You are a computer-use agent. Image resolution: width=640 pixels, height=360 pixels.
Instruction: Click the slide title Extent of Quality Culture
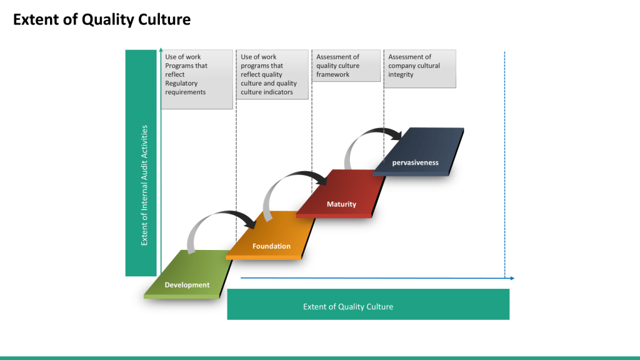tap(102, 20)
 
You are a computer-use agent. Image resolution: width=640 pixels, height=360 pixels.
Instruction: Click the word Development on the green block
tap(187, 285)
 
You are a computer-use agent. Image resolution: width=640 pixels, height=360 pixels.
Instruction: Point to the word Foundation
tap(271, 246)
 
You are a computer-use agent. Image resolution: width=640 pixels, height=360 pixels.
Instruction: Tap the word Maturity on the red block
tap(341, 204)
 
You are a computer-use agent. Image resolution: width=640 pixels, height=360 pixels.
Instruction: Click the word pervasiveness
tap(415, 162)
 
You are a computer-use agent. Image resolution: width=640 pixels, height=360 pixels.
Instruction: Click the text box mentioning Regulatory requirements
tap(197, 79)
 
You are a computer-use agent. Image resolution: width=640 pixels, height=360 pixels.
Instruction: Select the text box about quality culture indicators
tap(272, 74)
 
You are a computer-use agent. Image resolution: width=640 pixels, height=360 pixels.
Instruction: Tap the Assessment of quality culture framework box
tap(346, 66)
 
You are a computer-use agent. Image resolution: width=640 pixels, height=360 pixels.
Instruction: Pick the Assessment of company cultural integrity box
tap(419, 69)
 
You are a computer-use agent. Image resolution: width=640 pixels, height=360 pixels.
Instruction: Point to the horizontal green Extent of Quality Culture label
tap(368, 306)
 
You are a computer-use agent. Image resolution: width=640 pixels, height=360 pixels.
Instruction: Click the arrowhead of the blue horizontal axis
tap(512, 278)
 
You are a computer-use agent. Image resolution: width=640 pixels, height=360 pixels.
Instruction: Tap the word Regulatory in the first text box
tap(181, 83)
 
